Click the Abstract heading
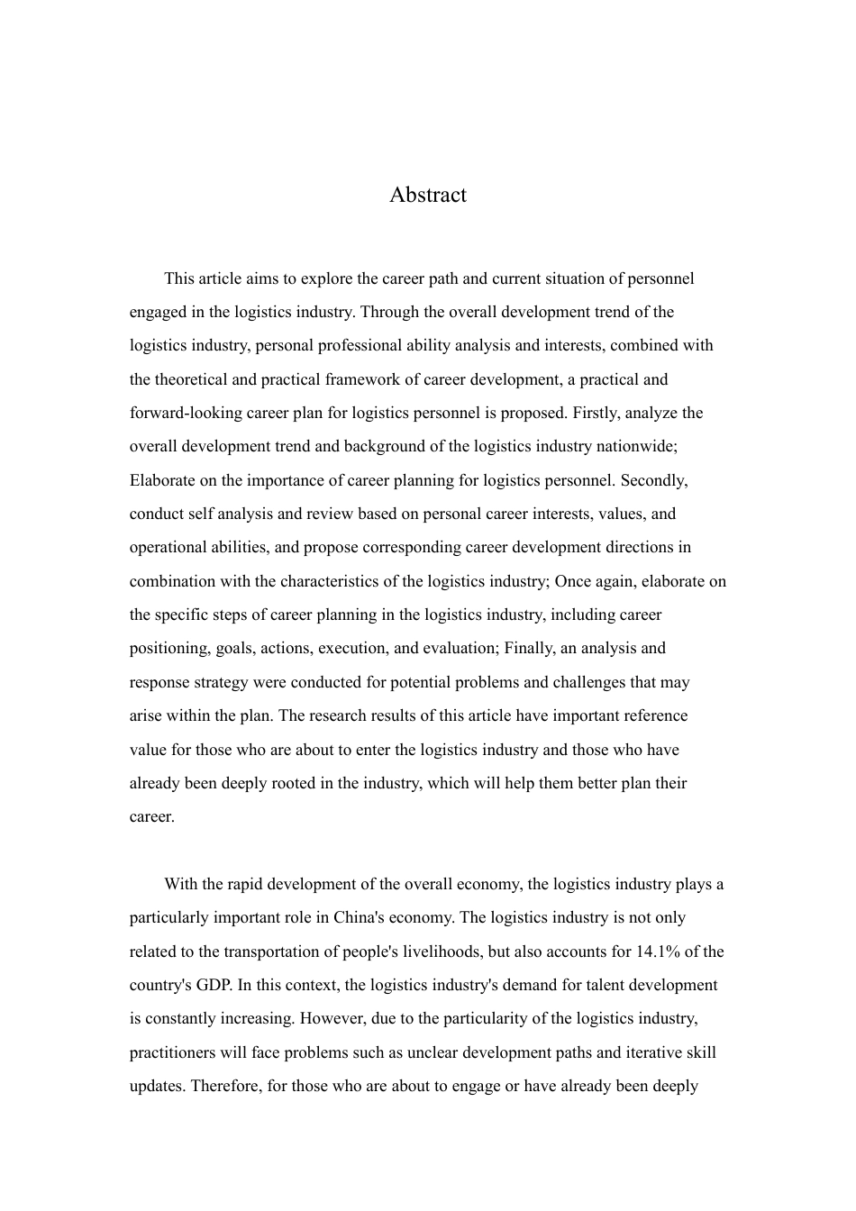tap(427, 195)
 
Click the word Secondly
tap(653, 480)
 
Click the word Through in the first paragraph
tap(388, 312)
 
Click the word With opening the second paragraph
tap(181, 884)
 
